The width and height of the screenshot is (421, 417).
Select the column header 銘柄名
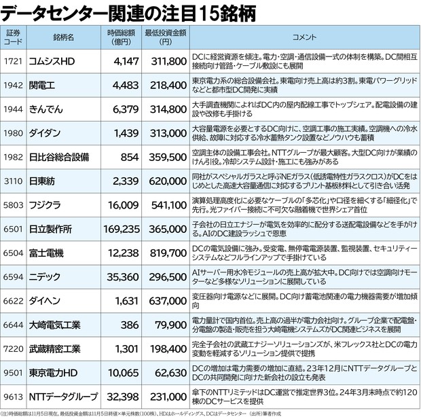coord(62,37)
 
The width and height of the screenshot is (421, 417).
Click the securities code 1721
coord(14,60)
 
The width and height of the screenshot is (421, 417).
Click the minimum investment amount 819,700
coord(166,253)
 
